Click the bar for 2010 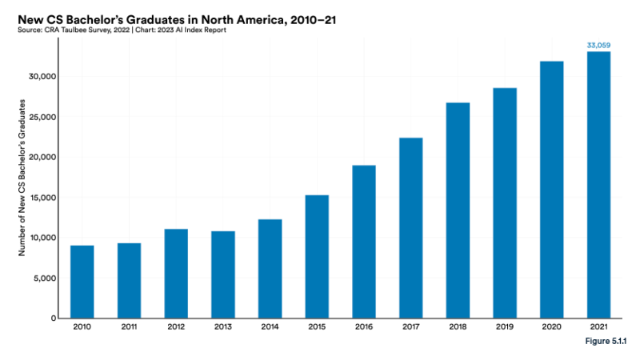(82, 282)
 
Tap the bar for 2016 (364, 242)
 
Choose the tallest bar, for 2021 (598, 185)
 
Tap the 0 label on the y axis (53, 318)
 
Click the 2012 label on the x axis (176, 328)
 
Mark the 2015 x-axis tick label (317, 328)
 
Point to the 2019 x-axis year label (505, 328)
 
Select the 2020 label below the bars (552, 328)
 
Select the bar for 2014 (270, 269)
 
